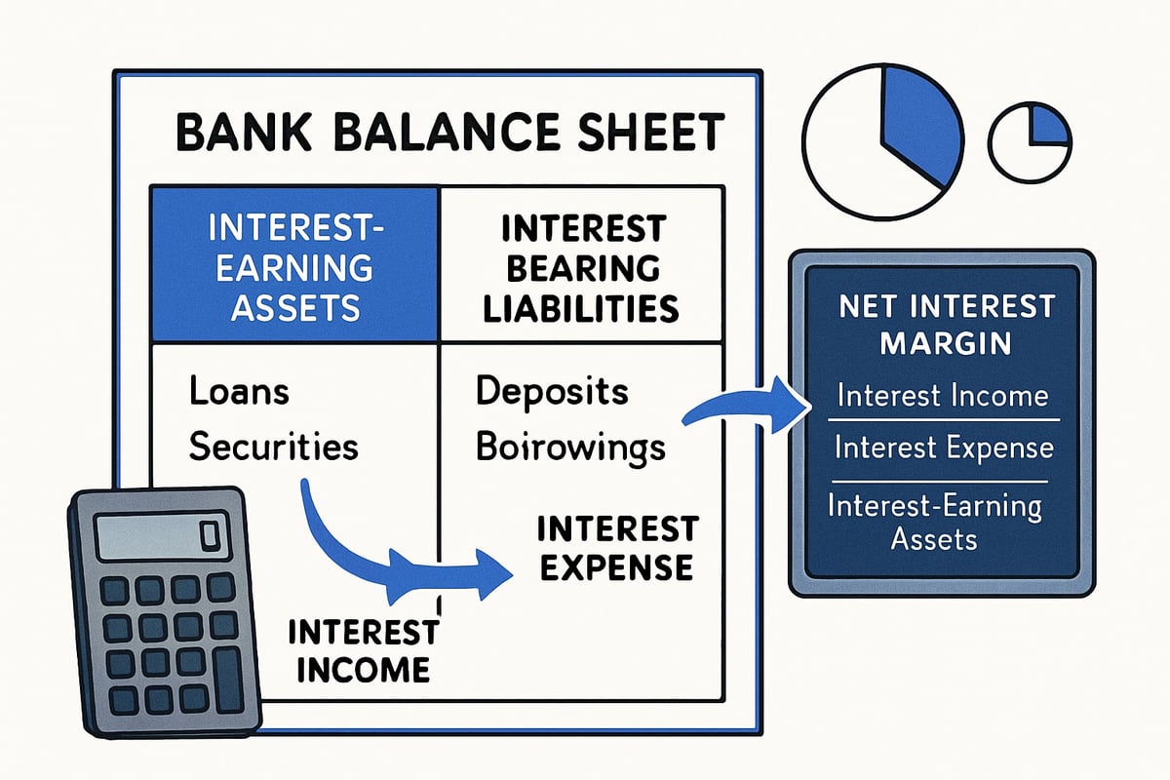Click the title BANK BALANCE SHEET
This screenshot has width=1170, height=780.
pos(449,134)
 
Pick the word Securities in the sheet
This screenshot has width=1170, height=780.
pos(273,447)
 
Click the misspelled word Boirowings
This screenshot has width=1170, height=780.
pos(570,447)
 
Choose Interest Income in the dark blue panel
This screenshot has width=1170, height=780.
pos(942,397)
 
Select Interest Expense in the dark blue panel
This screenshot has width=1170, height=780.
pos(942,448)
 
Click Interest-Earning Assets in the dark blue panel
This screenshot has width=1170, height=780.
pos(934,522)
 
